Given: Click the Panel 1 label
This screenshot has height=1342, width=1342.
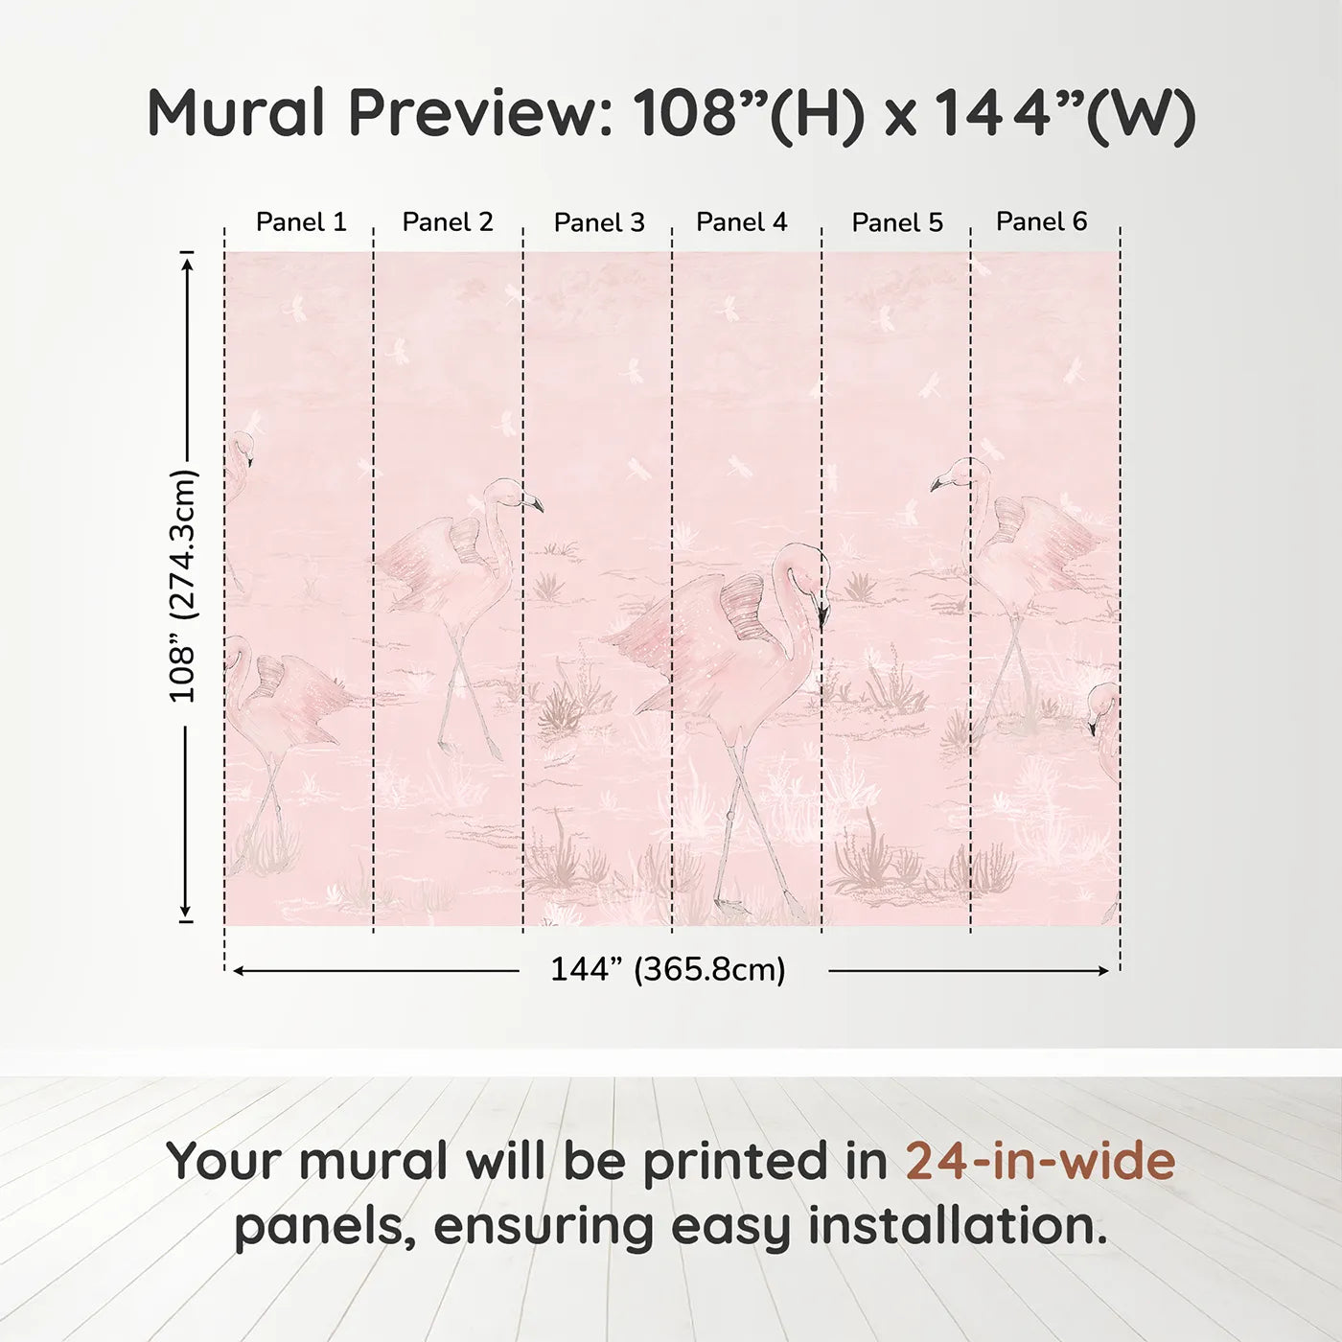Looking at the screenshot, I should [301, 222].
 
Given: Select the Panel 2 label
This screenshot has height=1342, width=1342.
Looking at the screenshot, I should [448, 222].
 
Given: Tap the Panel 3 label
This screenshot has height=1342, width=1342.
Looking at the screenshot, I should [599, 223].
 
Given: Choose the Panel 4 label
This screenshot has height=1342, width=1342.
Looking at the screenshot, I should [742, 222].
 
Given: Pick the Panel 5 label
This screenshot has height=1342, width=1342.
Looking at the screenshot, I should [897, 223].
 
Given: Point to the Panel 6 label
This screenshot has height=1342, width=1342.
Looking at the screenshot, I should [1042, 221].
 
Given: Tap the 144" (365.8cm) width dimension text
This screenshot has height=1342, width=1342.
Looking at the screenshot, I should [668, 970].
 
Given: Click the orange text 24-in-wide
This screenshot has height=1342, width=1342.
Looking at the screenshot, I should [1040, 1161].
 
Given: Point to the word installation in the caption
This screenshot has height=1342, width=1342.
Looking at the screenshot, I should [958, 1226].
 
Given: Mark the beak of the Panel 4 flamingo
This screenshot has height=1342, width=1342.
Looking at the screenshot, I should [822, 613].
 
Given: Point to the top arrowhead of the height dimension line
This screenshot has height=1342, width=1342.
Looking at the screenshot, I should [187, 261].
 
